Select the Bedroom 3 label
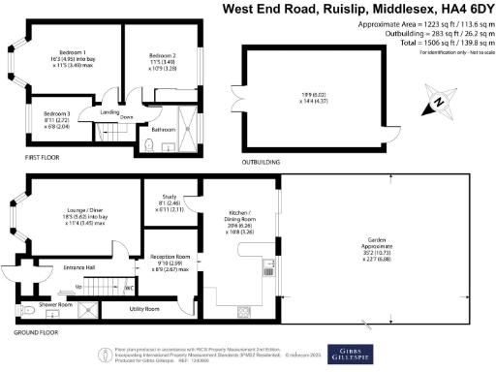coord(56,113)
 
